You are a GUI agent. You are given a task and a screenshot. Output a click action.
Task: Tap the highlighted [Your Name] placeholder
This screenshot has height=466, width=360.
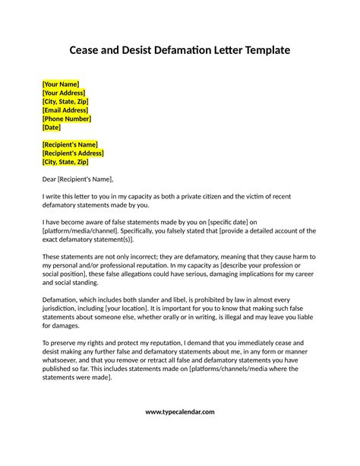click(61, 84)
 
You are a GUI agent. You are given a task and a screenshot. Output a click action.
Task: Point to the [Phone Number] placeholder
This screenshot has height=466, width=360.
click(67, 119)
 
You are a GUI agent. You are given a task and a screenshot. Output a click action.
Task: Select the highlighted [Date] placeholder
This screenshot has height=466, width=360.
click(52, 127)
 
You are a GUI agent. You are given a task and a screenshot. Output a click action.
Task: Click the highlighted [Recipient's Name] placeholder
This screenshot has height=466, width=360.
click(70, 144)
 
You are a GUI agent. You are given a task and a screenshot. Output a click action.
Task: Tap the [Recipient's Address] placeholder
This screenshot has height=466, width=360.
click(74, 153)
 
